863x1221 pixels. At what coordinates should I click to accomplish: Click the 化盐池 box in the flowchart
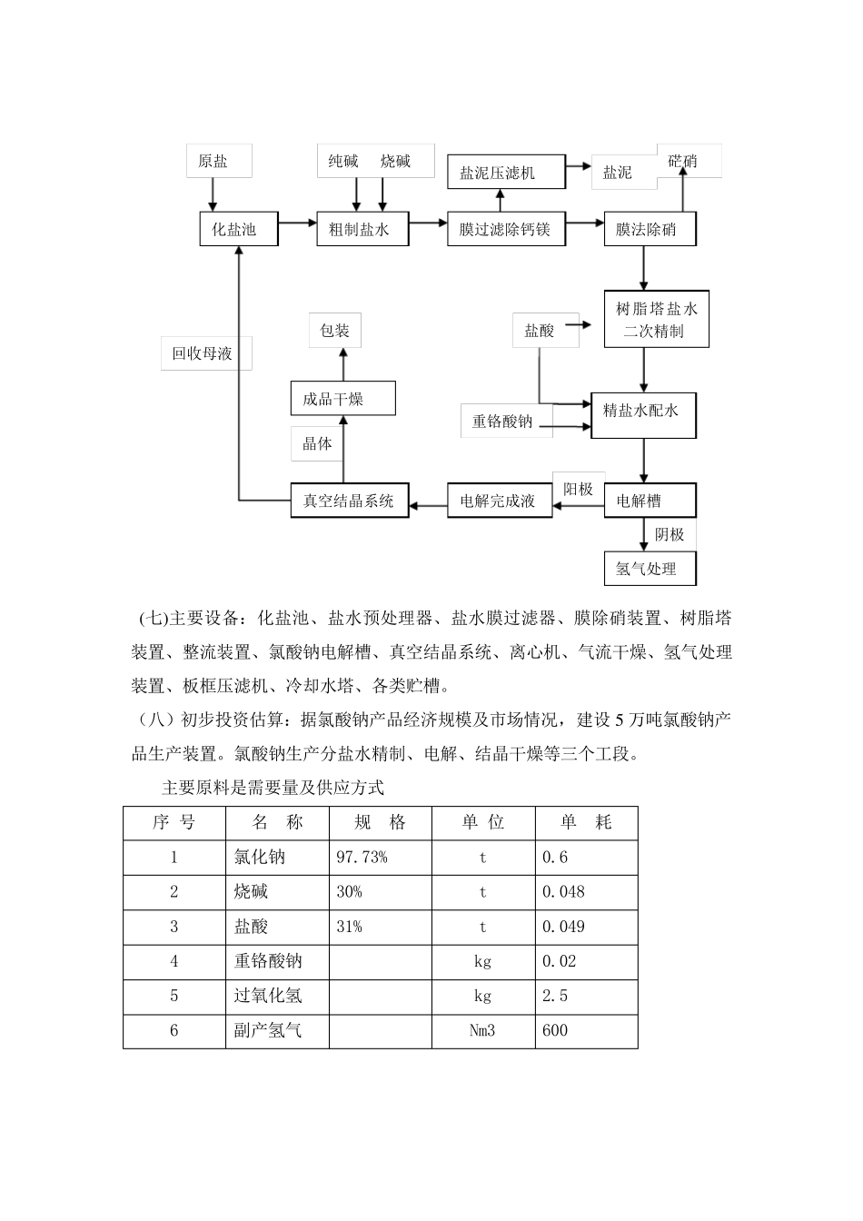click(234, 229)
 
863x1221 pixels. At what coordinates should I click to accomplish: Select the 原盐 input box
click(213, 162)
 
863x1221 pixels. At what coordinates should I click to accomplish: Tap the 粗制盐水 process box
click(360, 229)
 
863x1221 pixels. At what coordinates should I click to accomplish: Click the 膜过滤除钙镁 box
click(505, 229)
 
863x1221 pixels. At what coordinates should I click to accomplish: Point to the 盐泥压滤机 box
click(505, 172)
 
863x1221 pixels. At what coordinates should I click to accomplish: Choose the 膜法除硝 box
click(650, 229)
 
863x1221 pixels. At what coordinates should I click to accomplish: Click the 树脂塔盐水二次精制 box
click(650, 320)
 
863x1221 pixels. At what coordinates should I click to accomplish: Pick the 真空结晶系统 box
click(349, 501)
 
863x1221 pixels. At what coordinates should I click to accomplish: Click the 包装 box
click(334, 331)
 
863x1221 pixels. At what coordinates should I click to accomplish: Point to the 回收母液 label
click(203, 353)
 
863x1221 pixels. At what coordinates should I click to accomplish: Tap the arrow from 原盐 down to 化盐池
click(213, 194)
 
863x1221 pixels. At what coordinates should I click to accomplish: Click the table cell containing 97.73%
click(380, 857)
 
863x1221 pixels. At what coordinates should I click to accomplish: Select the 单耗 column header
click(586, 822)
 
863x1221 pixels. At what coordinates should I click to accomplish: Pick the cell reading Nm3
click(482, 1030)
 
